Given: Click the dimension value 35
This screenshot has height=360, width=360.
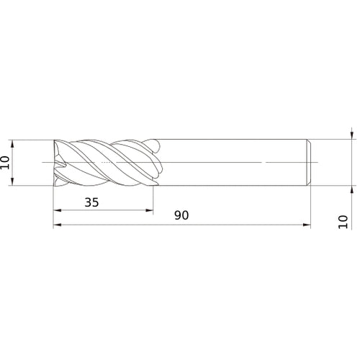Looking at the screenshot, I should coord(91,202).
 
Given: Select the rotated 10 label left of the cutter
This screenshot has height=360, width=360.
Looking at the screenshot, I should coord(6,162).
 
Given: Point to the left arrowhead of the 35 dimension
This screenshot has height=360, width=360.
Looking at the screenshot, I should coord(58,211).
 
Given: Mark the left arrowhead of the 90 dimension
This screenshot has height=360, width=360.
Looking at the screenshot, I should coord(58,225).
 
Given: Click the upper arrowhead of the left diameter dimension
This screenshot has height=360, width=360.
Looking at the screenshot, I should coord(15,143).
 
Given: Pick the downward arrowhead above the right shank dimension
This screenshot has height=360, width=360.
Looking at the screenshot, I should coord(351,135).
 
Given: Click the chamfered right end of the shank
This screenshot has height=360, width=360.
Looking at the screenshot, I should coord(308,162).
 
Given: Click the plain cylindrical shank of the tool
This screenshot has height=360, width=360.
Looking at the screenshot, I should coord(230,162).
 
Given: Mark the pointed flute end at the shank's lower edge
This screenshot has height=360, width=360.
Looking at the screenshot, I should coord(153,185).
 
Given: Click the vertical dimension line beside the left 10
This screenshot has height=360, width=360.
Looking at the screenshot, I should coord(15,162).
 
